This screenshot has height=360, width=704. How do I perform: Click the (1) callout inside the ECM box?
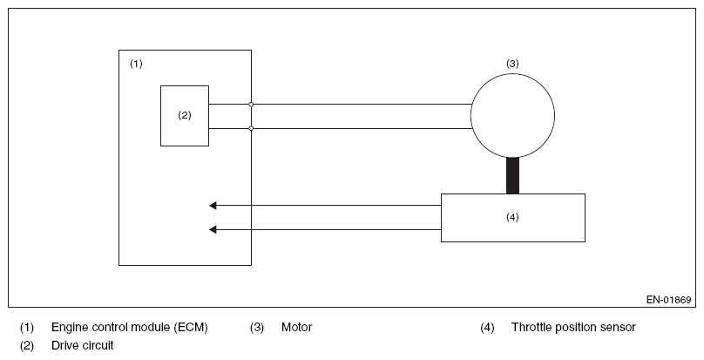point(136,64)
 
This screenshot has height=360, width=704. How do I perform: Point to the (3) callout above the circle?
point(512,64)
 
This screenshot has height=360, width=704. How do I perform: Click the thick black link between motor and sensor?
point(512,176)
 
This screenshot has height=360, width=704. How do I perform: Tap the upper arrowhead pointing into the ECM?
point(213,206)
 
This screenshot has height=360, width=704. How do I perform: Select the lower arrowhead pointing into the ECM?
point(213,229)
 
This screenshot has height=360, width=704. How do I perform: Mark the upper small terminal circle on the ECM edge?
point(251,105)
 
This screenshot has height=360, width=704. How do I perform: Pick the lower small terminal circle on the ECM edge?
point(251,128)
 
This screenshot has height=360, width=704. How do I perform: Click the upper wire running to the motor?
point(340,105)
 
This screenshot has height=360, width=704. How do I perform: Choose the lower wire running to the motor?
point(340,128)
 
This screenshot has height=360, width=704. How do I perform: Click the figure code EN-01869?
point(668,300)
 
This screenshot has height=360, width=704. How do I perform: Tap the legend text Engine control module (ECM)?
point(129,327)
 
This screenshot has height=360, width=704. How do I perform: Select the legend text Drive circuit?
point(83,345)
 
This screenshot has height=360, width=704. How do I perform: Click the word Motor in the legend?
point(297,327)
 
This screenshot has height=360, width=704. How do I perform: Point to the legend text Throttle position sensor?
point(573,327)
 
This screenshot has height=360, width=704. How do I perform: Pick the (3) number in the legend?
point(257,327)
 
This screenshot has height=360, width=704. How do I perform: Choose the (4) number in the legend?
point(487,327)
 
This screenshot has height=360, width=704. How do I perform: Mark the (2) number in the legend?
point(26,346)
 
